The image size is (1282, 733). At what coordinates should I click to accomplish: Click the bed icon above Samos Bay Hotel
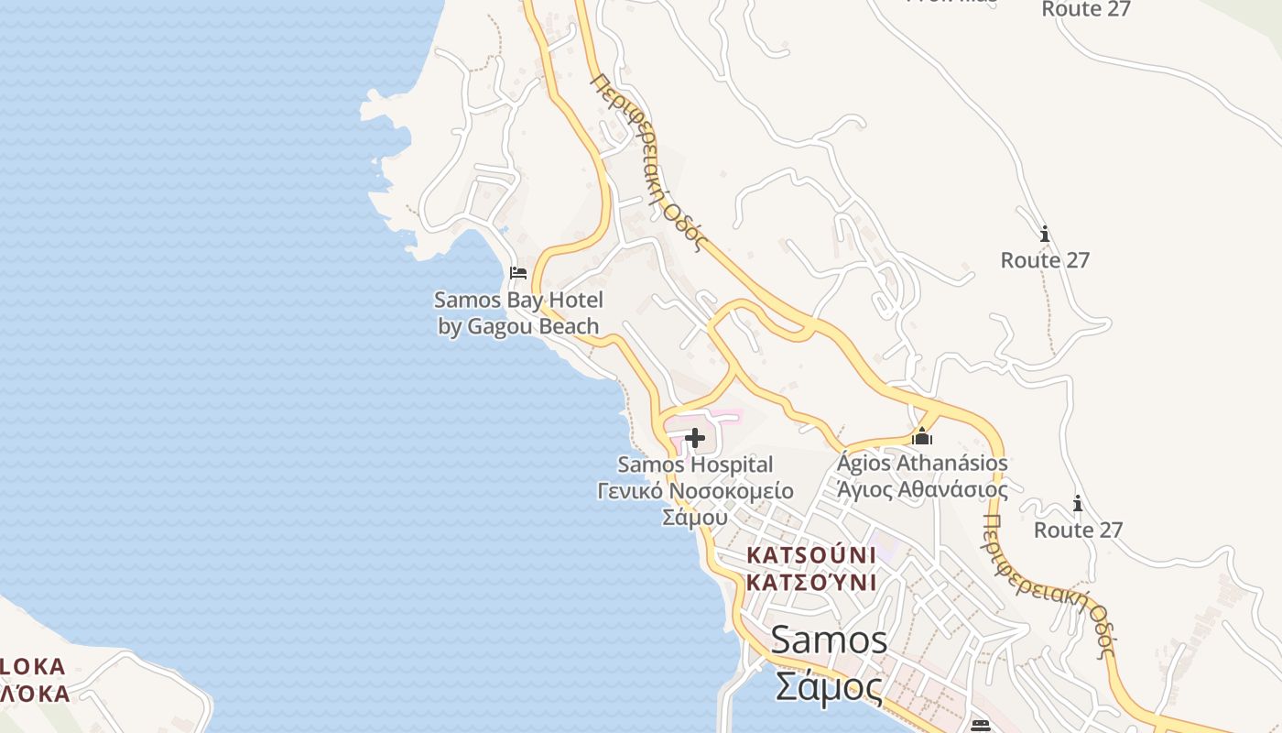[518, 272]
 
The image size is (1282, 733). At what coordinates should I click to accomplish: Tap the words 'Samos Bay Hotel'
[518, 300]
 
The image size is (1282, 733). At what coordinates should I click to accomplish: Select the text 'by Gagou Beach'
[518, 326]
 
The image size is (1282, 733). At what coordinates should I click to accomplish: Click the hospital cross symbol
[695, 439]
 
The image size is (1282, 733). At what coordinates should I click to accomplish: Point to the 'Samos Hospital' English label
[695, 465]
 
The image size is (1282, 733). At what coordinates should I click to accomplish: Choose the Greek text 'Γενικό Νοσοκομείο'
[695, 490]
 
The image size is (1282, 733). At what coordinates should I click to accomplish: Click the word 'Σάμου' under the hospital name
[695, 517]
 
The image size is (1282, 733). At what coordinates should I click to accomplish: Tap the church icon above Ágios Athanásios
[922, 436]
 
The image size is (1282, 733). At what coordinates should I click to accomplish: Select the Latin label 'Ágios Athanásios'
[922, 463]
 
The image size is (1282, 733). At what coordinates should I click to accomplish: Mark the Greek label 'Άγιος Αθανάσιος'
[922, 489]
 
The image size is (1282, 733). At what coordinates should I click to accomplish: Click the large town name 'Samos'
[829, 640]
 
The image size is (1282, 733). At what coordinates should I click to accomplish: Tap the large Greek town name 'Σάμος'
[829, 685]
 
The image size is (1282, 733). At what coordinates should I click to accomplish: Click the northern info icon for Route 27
[1045, 235]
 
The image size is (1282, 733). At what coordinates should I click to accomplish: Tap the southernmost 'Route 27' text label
[1078, 530]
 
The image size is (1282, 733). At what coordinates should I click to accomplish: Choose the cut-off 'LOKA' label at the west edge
[33, 666]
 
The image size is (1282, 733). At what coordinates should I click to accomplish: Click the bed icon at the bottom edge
[981, 725]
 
